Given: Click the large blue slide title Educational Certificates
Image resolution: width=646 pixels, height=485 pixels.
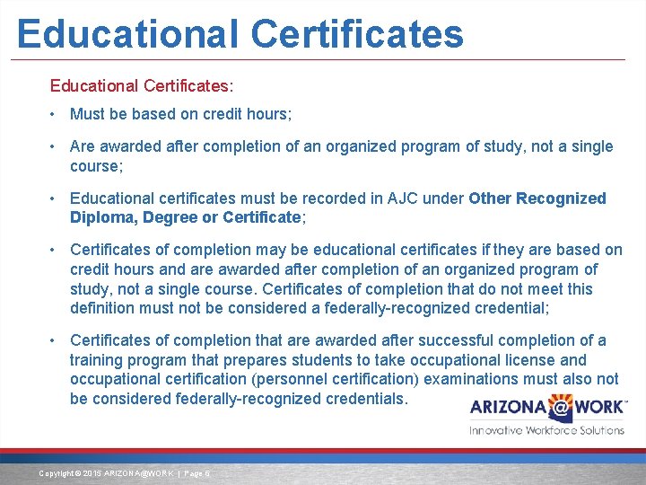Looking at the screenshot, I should point(240,33).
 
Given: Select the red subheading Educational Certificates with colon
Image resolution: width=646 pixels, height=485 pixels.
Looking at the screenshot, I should point(142,86).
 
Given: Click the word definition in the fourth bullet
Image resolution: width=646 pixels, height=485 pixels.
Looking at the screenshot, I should point(103,309).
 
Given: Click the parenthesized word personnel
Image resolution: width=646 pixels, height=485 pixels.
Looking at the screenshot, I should point(319,379).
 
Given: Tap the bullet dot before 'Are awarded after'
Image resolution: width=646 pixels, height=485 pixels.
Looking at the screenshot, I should point(55,146).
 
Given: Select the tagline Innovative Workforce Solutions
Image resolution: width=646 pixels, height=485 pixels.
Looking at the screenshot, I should point(546,430).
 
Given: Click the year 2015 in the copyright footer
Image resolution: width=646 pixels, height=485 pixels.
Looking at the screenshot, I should point(93,473).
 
